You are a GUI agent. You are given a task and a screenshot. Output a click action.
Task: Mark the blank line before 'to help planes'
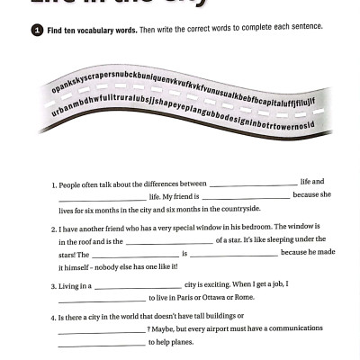click(101, 346)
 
